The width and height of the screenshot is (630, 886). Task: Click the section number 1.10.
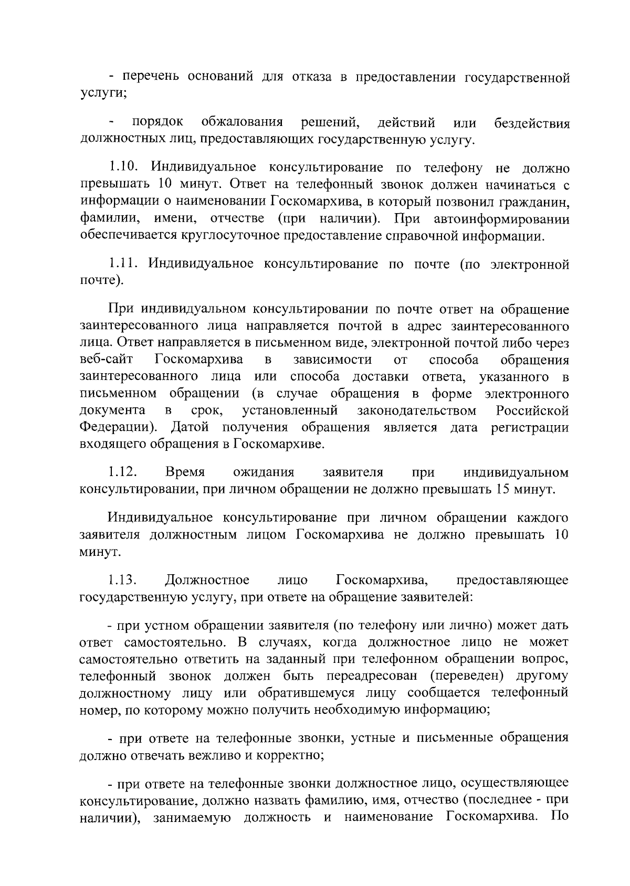click(123, 168)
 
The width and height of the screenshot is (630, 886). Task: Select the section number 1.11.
click(122, 263)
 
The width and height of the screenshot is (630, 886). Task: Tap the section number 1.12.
click(123, 473)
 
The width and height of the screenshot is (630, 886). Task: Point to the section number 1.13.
click(123, 581)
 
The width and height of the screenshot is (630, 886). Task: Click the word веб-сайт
click(106, 360)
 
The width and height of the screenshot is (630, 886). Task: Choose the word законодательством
click(417, 410)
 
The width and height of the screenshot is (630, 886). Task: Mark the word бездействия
click(532, 124)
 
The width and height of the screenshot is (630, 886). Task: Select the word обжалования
click(242, 123)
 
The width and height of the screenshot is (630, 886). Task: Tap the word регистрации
click(530, 427)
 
